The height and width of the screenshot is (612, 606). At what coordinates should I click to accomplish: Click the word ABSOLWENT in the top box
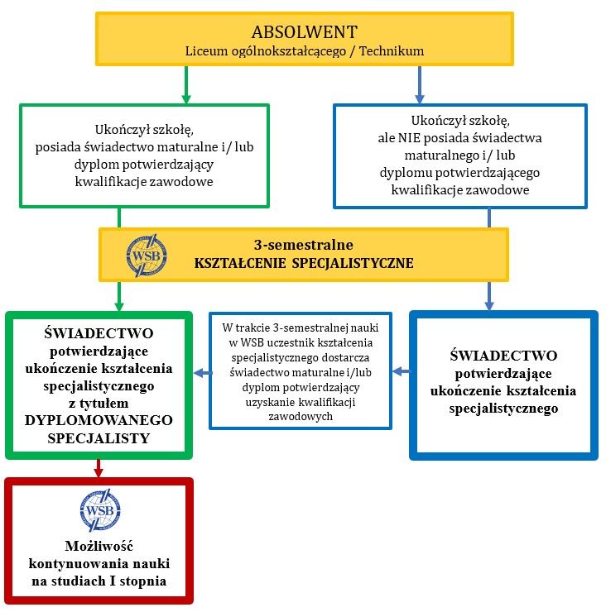305,32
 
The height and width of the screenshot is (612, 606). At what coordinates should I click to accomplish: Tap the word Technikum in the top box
392,50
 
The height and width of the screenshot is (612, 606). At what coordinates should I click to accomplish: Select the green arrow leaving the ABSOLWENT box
186,84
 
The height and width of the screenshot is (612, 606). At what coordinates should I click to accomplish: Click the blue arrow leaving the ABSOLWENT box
420,84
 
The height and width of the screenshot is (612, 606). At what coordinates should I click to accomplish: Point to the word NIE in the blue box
409,138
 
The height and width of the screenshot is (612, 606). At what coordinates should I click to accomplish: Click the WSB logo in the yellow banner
147,256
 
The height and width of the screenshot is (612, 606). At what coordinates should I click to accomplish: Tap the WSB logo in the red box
100,509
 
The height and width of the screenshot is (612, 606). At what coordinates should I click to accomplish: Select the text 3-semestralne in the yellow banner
304,245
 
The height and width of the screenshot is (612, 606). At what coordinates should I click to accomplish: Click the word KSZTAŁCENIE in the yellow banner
240,263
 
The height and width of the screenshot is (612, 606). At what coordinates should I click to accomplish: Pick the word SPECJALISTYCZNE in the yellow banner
353,263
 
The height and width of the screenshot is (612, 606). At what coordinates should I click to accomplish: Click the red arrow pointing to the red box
99,468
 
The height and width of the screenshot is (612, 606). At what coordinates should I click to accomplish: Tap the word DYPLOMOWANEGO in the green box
99,420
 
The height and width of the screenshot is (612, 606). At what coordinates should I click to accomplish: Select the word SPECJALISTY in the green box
99,438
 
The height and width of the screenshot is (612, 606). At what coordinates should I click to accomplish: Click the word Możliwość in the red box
99,546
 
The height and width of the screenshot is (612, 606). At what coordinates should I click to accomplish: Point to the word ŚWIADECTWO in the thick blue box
503,356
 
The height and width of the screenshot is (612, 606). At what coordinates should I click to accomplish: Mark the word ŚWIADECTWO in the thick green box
99,333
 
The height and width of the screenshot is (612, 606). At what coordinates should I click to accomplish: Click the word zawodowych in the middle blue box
301,417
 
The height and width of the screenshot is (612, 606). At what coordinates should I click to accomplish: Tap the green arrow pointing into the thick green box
119,296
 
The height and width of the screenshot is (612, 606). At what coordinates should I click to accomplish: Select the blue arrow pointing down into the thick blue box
489,296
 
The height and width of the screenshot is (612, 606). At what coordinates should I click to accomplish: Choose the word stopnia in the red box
143,581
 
